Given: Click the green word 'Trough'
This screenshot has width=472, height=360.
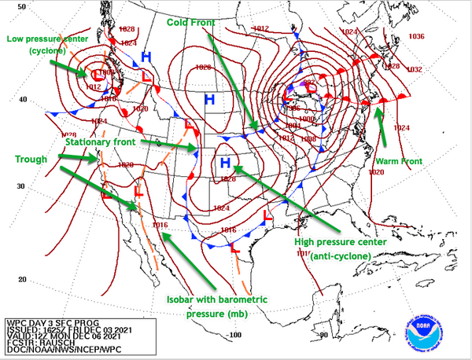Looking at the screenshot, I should coord(31,159).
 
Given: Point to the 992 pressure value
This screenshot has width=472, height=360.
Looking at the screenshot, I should coord(309,83).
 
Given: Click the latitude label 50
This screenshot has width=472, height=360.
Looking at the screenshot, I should coord(23,7).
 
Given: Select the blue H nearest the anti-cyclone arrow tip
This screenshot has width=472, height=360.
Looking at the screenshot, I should coord(225,163).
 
